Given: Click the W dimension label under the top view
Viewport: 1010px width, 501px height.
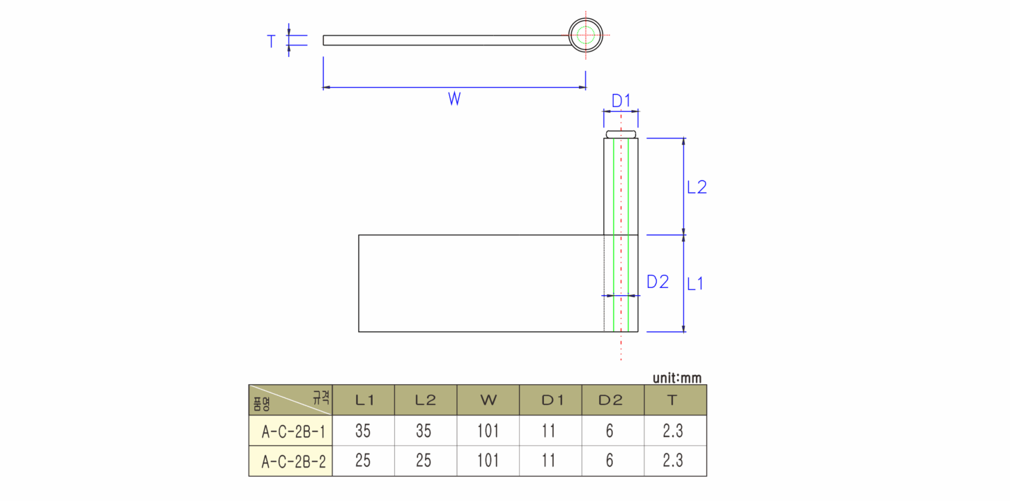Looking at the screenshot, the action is coord(454,99).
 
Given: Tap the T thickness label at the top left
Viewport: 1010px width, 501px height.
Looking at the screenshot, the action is coord(271,42).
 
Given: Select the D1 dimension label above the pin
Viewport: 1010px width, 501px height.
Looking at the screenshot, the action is coord(621,101).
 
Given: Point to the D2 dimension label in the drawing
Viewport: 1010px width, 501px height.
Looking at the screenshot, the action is coord(658,282).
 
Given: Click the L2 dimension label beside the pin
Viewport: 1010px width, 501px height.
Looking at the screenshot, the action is coord(697,187).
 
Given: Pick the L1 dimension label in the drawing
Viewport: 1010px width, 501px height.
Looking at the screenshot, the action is coord(695,284).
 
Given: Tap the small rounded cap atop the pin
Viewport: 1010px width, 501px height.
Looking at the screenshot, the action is coord(621,134).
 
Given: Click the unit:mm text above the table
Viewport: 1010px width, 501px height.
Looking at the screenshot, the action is coord(677,378).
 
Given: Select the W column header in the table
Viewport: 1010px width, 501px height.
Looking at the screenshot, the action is coord(488,400).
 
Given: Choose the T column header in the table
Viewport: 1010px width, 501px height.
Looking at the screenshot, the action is coord(672,400).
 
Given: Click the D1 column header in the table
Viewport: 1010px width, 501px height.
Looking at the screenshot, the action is coord(552,400).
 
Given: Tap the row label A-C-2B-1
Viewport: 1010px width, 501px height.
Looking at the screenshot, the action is coord(293,431).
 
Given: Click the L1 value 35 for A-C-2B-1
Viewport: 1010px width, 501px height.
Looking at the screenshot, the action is coord(362,431).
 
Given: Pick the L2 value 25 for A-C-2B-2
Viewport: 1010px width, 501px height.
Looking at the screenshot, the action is coord(424,461).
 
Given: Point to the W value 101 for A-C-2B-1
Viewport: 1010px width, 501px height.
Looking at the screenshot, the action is coord(488,431).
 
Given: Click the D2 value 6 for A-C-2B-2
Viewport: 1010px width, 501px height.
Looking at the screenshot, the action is coord(609,461).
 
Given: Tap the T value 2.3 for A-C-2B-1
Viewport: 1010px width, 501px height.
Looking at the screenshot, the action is coord(673,431).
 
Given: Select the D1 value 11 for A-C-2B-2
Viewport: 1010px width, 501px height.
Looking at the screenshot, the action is coord(548,461).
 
